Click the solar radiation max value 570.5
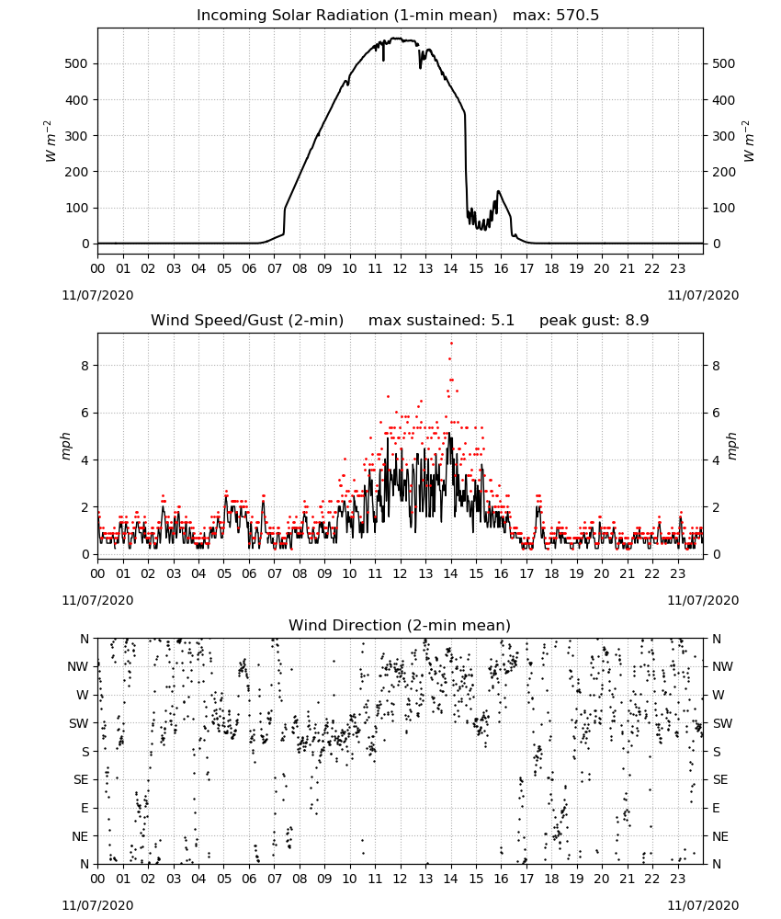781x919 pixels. coord(577,15)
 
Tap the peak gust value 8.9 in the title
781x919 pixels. coord(638,320)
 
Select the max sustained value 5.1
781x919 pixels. coord(502,320)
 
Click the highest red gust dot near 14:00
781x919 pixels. coord(451,344)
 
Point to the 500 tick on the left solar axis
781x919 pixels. coord(76,63)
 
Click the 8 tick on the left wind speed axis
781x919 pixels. coord(85,366)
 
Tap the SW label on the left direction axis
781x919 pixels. coord(79,723)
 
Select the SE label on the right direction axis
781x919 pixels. coord(720,779)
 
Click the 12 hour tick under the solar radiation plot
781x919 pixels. coord(401,268)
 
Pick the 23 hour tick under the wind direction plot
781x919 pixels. coord(677,879)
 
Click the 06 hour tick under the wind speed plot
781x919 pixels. coord(249,573)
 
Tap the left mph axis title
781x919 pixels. coord(65,446)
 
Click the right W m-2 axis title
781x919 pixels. coord(749,141)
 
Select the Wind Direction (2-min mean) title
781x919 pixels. coord(400,625)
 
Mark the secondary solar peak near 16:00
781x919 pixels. coord(499,191)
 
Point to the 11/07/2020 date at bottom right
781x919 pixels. coord(703,905)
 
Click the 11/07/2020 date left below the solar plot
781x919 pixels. coord(97,295)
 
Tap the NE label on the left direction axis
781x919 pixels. coord(80,836)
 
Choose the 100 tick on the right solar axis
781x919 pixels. coord(724,208)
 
